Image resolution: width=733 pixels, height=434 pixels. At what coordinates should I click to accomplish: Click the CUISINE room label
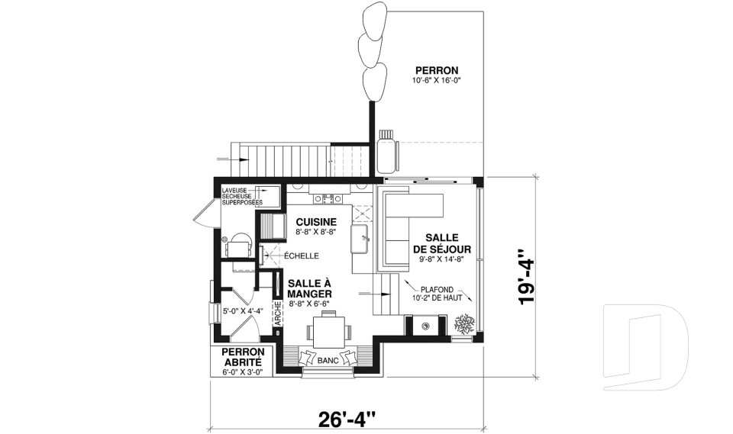312,222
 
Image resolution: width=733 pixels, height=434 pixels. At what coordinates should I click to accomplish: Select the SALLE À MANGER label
309,288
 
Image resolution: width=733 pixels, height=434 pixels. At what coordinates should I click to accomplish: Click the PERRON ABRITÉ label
242,357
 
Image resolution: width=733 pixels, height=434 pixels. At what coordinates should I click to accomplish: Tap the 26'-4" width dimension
347,418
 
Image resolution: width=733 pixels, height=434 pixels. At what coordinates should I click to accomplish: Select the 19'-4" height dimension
526,278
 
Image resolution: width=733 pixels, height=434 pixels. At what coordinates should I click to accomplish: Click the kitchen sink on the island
360,238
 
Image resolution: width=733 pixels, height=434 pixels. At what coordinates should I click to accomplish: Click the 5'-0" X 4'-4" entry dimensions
243,311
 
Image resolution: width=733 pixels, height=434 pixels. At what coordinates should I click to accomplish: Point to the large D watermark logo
645,347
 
